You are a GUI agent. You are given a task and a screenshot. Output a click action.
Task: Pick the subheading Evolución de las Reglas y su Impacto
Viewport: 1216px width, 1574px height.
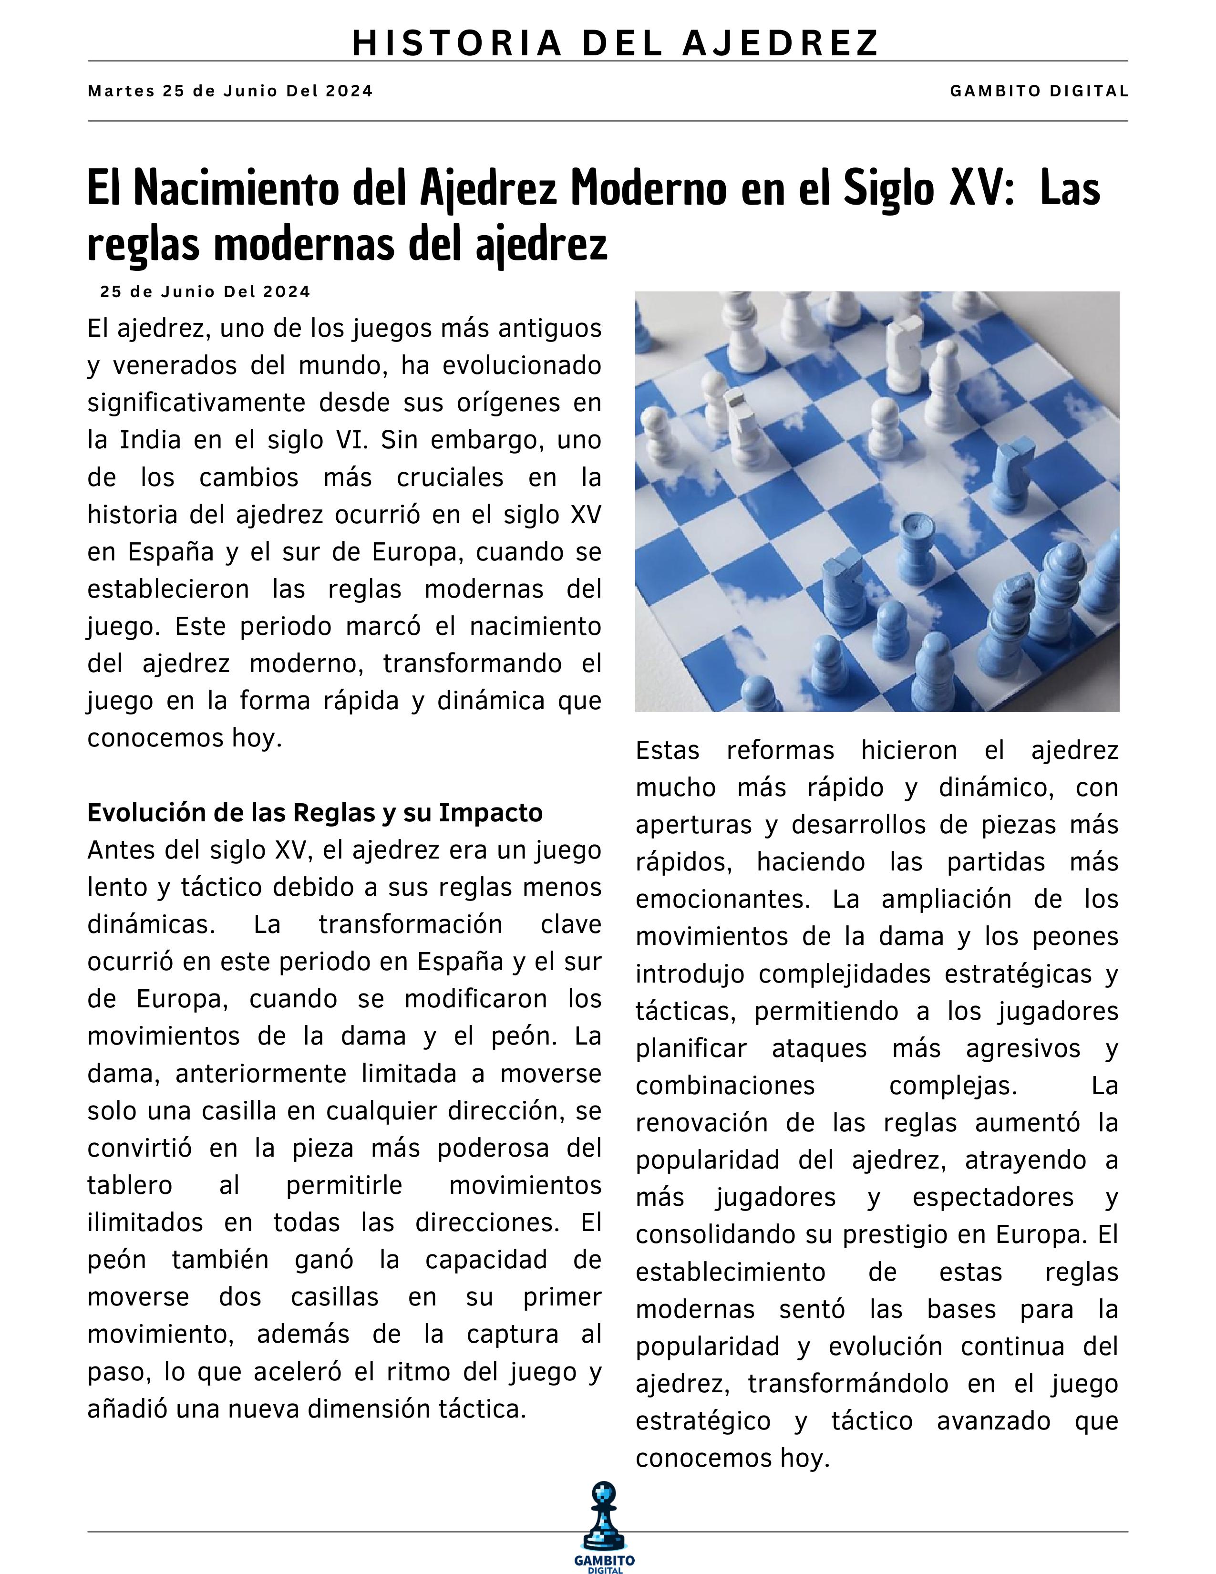click(315, 813)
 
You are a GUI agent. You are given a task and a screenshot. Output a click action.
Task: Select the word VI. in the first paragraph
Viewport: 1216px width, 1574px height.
click(349, 440)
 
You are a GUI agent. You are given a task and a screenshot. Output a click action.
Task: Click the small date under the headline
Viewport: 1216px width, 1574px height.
click(206, 292)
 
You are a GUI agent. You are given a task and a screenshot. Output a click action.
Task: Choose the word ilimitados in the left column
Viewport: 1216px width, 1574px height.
click(145, 1223)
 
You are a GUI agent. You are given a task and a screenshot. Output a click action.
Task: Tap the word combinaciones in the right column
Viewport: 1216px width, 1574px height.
click(725, 1086)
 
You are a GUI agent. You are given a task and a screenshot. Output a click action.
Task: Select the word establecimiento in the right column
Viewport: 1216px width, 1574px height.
click(730, 1272)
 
